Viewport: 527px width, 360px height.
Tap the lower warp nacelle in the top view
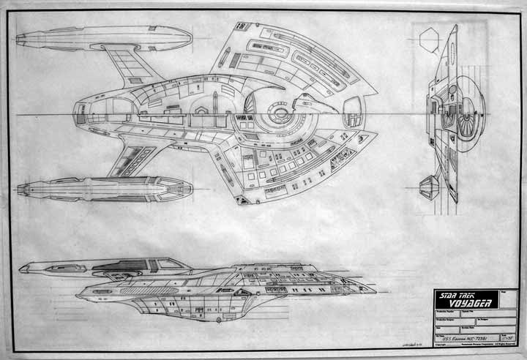tap(102, 189)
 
